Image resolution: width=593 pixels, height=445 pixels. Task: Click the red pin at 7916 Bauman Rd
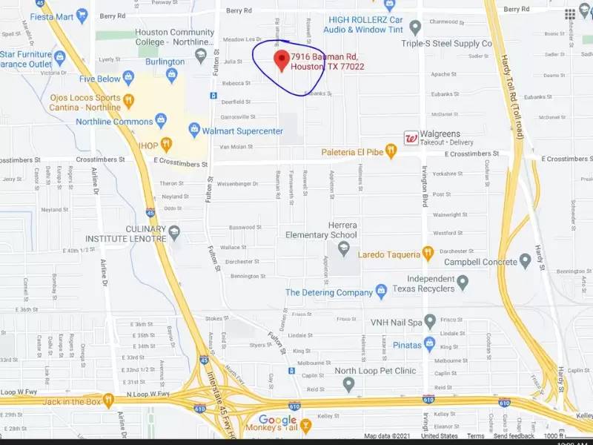282,60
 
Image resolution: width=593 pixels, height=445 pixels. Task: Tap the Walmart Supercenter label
242,131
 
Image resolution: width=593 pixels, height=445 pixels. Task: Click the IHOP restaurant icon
167,143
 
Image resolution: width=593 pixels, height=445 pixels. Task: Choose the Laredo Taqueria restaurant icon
428,254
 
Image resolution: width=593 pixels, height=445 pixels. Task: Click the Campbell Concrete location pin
526,261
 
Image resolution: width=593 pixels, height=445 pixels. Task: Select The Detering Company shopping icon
381,292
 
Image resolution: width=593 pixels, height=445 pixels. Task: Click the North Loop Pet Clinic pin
349,384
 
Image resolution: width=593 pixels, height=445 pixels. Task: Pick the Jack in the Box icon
108,401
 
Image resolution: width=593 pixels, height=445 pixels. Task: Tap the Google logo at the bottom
277,421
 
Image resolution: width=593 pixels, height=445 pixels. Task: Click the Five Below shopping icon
128,78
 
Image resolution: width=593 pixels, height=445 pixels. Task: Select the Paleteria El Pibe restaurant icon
391,152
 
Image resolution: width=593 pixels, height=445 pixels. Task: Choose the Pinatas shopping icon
429,345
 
